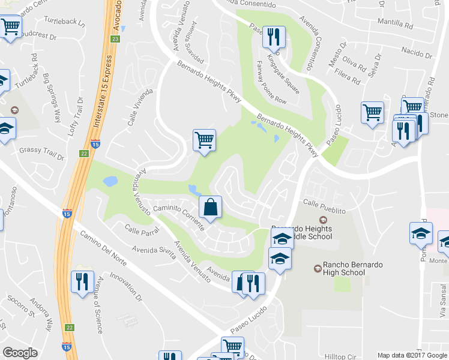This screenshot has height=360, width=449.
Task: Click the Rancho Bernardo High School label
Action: [x=344, y=268]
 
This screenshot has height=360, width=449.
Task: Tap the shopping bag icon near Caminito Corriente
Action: [x=210, y=207]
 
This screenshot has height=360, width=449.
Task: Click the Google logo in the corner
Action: [x=20, y=353]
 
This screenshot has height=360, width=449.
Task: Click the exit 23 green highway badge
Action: [x=115, y=39]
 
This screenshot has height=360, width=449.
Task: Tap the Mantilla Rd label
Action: [x=395, y=26]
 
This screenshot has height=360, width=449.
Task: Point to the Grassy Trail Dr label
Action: [x=41, y=154]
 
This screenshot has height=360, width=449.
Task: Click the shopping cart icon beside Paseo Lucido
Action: [x=372, y=112]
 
